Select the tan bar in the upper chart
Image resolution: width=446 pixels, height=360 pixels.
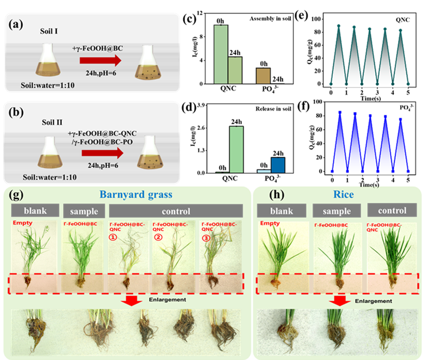tap(263, 76)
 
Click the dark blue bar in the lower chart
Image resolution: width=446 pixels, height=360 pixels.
tap(278, 165)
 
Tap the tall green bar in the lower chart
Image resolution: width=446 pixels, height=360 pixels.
tap(236, 149)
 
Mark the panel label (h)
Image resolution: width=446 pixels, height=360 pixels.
tap(277, 196)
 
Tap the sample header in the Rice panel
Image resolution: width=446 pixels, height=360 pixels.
tap(336, 211)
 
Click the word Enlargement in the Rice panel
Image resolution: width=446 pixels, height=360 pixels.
tap(373, 300)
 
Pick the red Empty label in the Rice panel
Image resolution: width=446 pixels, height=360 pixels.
tap(270, 225)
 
